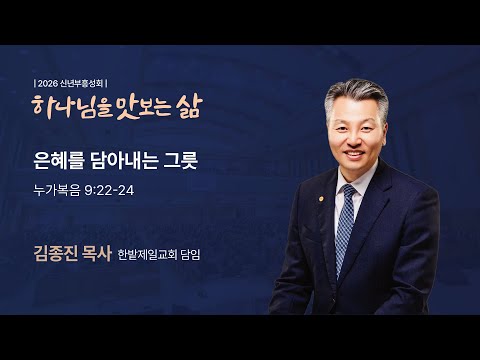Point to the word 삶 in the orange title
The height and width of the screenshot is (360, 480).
(187, 107)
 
